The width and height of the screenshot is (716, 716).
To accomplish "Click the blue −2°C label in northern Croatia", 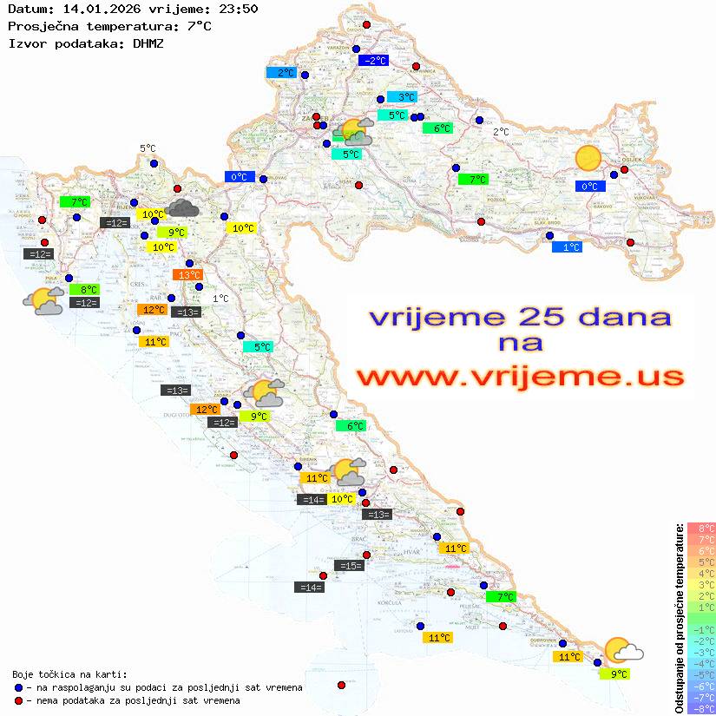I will coord(373,61).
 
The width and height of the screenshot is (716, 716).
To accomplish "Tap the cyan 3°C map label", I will coord(401,97).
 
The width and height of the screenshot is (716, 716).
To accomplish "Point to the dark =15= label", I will coord(349,566).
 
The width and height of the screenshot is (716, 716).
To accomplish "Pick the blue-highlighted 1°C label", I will coord(567,247).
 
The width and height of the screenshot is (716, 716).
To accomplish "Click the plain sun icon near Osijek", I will coord(588,158).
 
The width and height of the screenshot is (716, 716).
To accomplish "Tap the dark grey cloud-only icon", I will coord(182,207).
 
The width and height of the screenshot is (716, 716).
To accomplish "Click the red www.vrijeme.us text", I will coord(520,377).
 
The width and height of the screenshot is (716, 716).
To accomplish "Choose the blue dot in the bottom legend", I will coord(19,687).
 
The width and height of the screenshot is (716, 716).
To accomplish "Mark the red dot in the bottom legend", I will coord(19,700).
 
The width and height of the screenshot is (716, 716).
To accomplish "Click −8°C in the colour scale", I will coord(701,709).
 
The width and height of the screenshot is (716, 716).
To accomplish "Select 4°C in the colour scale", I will coord(701,574).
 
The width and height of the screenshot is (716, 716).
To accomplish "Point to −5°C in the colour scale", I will coord(701,675).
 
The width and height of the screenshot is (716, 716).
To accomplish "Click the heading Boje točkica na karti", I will coord(69,673).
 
